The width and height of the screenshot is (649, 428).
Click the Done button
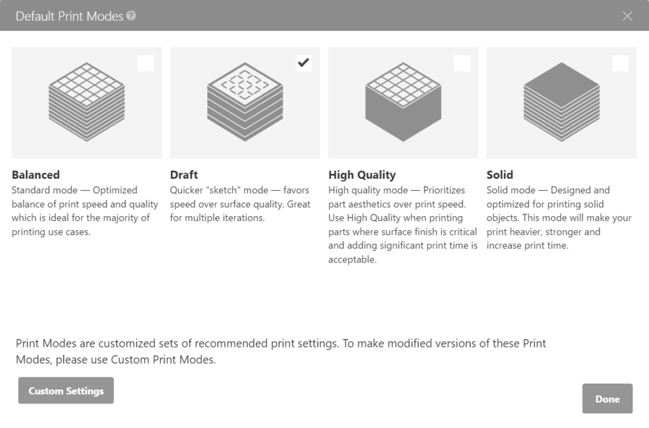(x=607, y=399)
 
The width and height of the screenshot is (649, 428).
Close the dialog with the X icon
(x=627, y=16)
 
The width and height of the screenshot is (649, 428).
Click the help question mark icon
(x=131, y=16)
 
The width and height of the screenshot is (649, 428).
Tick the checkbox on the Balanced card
(x=146, y=63)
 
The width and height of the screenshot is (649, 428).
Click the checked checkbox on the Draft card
(x=304, y=63)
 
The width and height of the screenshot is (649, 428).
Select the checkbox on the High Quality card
(x=462, y=63)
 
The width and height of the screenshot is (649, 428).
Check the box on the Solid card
(x=620, y=63)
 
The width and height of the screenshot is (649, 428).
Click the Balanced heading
(x=35, y=175)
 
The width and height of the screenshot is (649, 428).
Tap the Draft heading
(x=184, y=175)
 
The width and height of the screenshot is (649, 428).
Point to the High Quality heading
(x=362, y=175)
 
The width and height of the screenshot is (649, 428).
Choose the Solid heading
(x=500, y=175)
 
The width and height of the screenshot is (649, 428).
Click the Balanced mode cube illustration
(x=86, y=101)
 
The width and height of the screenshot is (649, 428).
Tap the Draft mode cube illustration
(x=245, y=101)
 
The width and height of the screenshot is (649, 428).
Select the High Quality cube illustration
(x=403, y=101)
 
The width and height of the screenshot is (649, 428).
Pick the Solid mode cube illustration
(x=562, y=101)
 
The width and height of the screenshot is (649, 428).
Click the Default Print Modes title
(x=70, y=16)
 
